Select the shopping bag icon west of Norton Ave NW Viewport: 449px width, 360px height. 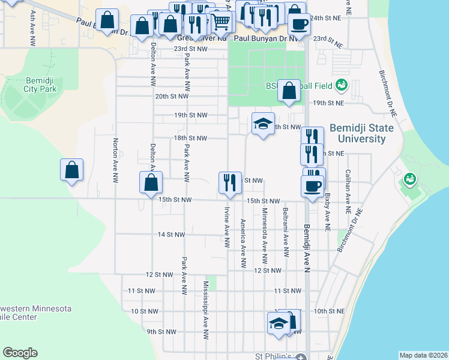(x=72, y=170)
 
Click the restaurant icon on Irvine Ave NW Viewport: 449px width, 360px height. (x=229, y=182)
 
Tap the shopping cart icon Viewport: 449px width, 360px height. (x=221, y=22)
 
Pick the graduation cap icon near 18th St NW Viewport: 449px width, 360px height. (x=263, y=124)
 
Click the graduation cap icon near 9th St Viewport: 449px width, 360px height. (x=279, y=323)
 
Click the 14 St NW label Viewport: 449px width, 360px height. (x=171, y=235)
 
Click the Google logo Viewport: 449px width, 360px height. (x=20, y=353)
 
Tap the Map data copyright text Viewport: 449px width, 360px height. (x=423, y=355)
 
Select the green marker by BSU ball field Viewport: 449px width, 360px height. (x=342, y=85)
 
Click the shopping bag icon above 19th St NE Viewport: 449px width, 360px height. (x=289, y=91)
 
